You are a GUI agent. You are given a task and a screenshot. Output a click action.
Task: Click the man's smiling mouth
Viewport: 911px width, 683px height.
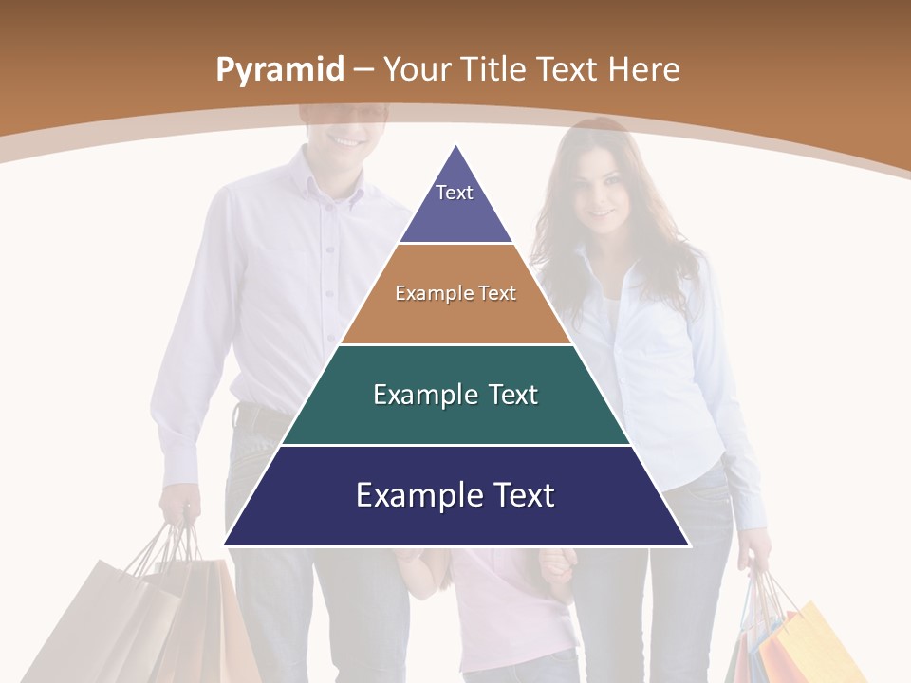(x=347, y=141)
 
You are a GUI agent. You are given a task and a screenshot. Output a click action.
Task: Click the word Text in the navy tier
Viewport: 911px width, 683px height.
(x=518, y=495)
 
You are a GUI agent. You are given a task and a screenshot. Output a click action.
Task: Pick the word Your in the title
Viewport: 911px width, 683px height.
(x=418, y=69)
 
